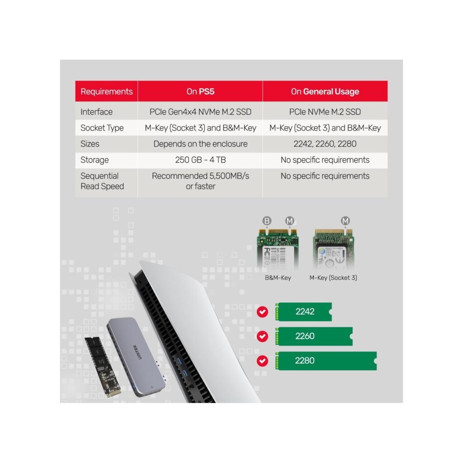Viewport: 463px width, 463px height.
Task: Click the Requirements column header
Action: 107,91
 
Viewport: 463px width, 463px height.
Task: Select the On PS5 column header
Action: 200,91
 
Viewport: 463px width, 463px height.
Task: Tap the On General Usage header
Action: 325,91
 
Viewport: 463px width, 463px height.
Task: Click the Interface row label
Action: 97,112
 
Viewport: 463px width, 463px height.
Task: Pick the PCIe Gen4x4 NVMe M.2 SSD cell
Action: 200,112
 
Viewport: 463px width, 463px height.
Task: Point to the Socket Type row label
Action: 102,128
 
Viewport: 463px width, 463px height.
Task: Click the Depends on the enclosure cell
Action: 200,144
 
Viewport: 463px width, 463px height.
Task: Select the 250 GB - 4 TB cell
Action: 200,160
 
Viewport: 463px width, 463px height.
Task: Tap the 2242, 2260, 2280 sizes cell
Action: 325,144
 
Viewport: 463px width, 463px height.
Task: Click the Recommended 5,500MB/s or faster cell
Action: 200,181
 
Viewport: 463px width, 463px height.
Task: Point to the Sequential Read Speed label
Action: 102,181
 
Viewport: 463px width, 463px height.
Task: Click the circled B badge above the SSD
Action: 267,221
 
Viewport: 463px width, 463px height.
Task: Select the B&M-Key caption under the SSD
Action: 278,278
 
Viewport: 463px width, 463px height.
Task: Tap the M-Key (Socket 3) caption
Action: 333,278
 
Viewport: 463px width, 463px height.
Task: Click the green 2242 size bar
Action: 303,312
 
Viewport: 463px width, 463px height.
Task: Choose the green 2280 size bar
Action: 326,360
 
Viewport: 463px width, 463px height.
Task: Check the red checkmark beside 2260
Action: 262,336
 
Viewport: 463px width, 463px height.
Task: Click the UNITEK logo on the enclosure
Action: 137,352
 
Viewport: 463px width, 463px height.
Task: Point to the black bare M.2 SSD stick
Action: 103,367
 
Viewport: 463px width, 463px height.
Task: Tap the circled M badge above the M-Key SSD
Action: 345,221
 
